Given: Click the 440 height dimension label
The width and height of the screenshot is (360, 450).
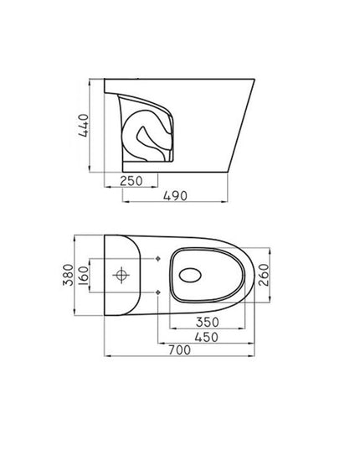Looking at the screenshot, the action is click(x=84, y=126).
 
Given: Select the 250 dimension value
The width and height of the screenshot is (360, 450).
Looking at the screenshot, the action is click(x=131, y=181).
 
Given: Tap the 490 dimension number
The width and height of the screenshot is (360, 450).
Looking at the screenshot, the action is click(x=175, y=196).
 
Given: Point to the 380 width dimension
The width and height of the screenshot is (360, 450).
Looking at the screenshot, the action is click(x=68, y=275).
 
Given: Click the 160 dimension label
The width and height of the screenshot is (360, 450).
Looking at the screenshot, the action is click(x=84, y=276).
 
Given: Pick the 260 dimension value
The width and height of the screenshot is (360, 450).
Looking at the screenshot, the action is click(x=264, y=275).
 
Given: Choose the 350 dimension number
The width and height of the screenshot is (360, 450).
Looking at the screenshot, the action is click(x=208, y=322).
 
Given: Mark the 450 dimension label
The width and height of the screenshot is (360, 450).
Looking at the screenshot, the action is click(x=206, y=337).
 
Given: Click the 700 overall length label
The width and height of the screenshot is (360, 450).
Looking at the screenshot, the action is click(x=179, y=350).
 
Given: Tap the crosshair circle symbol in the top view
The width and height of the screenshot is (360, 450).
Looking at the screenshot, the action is click(x=121, y=275).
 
